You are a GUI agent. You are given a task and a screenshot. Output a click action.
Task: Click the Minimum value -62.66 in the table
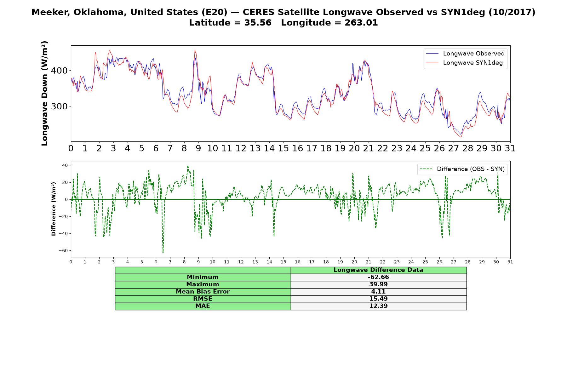[378, 277]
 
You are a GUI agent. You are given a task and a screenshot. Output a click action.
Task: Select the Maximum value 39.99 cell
[378, 284]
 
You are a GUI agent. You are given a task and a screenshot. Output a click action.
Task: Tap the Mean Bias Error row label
[203, 292]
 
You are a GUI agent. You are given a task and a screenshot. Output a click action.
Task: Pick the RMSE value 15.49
[378, 299]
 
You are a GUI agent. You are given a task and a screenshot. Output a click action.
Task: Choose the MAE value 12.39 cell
[378, 306]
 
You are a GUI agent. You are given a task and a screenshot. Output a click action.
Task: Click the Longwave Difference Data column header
[378, 270]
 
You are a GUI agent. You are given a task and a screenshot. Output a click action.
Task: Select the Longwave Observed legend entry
[465, 54]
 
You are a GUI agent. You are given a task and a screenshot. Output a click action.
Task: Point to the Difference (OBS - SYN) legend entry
[462, 169]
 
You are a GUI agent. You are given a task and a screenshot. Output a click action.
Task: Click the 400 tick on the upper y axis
[59, 71]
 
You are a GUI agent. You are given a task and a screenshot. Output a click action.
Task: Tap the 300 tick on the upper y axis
[59, 106]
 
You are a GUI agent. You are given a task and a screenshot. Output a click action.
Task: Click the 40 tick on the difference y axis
[65, 165]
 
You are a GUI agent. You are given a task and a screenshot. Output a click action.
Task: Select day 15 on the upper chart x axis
[283, 148]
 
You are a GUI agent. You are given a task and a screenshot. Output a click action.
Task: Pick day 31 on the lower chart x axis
[510, 262]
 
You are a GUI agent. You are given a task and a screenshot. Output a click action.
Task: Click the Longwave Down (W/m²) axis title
[45, 93]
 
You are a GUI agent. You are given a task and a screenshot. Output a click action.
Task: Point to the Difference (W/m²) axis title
[54, 209]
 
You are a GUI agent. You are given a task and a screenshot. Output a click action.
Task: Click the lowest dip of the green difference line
[163, 253]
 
